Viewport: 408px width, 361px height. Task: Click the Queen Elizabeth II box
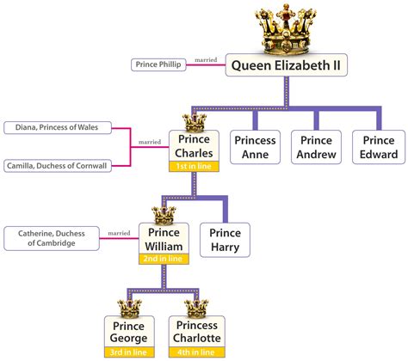287,65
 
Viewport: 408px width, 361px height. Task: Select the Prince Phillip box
158,64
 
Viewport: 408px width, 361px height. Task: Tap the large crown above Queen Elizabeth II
286,29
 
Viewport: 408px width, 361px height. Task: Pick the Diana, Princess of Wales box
58,127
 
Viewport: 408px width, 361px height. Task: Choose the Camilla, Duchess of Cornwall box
58,166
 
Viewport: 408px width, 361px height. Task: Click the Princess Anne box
255,147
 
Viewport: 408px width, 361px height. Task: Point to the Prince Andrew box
316,147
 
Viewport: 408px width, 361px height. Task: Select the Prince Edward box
379,147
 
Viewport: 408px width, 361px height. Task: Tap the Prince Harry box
225,240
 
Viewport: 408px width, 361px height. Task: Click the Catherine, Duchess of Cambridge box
52,238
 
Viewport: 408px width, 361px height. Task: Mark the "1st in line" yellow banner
194,167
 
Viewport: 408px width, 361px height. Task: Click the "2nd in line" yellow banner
164,259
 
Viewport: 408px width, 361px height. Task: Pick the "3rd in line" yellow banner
129,352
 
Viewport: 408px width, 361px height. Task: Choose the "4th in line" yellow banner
197,352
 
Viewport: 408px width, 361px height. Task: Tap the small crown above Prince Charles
195,123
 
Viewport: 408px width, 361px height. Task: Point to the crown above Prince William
164,216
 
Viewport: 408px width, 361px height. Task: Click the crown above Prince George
129,309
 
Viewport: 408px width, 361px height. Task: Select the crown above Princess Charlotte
196,309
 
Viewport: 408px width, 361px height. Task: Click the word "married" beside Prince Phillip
206,60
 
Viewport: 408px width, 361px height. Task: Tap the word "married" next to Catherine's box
119,233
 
